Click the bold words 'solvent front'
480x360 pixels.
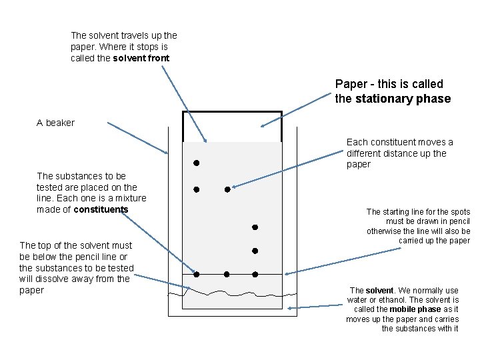[141, 59]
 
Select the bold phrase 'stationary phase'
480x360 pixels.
[403, 99]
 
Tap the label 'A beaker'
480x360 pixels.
[56, 123]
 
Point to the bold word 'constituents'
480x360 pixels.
[101, 209]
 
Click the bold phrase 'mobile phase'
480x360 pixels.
[415, 309]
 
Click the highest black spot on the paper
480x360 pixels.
[197, 163]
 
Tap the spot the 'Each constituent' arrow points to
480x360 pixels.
[227, 189]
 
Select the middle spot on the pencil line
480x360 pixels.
[227, 274]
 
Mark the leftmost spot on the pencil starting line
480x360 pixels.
[197, 274]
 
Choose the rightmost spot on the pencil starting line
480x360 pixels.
[255, 274]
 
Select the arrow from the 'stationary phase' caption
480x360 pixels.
[297, 111]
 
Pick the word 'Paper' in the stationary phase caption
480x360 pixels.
[350, 85]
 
